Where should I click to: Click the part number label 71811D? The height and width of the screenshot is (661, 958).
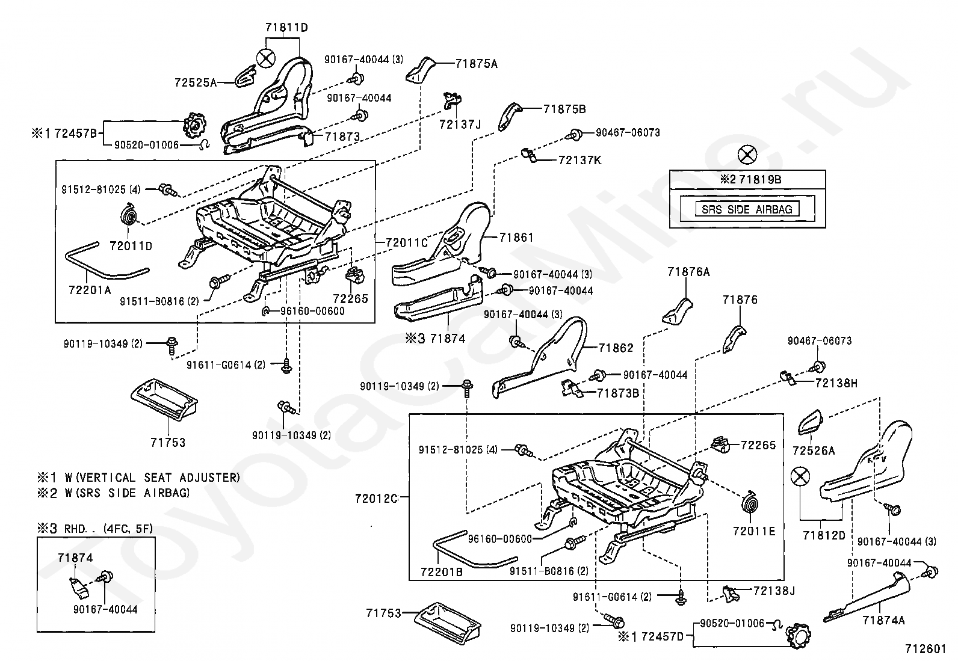coord(286,28)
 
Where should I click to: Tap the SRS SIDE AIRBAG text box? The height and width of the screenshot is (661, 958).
coord(747,209)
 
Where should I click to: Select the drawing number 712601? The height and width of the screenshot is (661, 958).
coord(925,648)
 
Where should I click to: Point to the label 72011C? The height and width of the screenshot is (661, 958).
coord(406,243)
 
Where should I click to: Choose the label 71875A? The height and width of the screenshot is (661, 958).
coord(477,64)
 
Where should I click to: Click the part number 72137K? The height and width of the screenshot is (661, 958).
coord(580,161)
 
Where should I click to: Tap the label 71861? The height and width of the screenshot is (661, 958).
coord(517,238)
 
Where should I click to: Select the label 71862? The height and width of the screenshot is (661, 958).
coord(616,348)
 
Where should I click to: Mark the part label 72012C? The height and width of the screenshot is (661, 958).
coord(376,499)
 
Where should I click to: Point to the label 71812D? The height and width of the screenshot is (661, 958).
coord(824,535)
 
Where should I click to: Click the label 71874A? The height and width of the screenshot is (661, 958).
coord(883,620)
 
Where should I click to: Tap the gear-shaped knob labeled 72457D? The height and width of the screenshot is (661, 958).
coord(799,636)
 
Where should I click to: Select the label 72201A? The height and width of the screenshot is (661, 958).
coord(90,291)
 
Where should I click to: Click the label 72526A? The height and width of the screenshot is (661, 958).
coord(814,450)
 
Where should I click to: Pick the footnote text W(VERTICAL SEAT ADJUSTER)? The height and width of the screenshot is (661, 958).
coord(152,478)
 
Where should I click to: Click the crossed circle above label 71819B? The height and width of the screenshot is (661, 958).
coord(747,155)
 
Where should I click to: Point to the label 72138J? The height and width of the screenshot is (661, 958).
coord(774,591)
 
